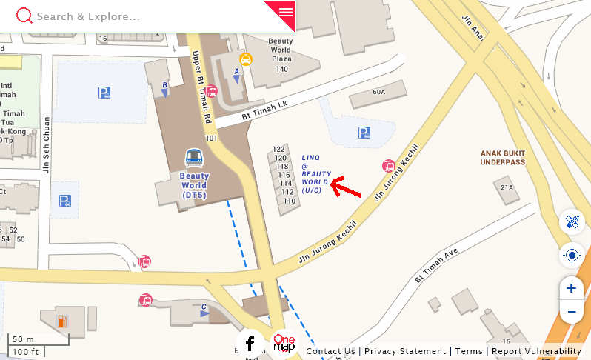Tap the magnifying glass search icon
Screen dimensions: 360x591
click(x=24, y=16)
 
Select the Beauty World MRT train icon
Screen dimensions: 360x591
click(x=194, y=157)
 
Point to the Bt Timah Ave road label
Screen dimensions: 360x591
click(x=437, y=265)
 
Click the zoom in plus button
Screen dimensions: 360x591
click(x=571, y=288)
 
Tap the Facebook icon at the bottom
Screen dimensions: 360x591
click(x=250, y=344)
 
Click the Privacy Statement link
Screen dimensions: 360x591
click(x=405, y=351)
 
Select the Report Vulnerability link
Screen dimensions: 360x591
click(x=536, y=351)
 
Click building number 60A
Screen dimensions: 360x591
click(x=379, y=92)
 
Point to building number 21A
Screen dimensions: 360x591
click(x=507, y=187)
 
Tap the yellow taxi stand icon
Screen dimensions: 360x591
click(x=245, y=59)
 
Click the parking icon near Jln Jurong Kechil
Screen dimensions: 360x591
click(x=364, y=133)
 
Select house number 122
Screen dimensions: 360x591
click(x=279, y=150)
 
